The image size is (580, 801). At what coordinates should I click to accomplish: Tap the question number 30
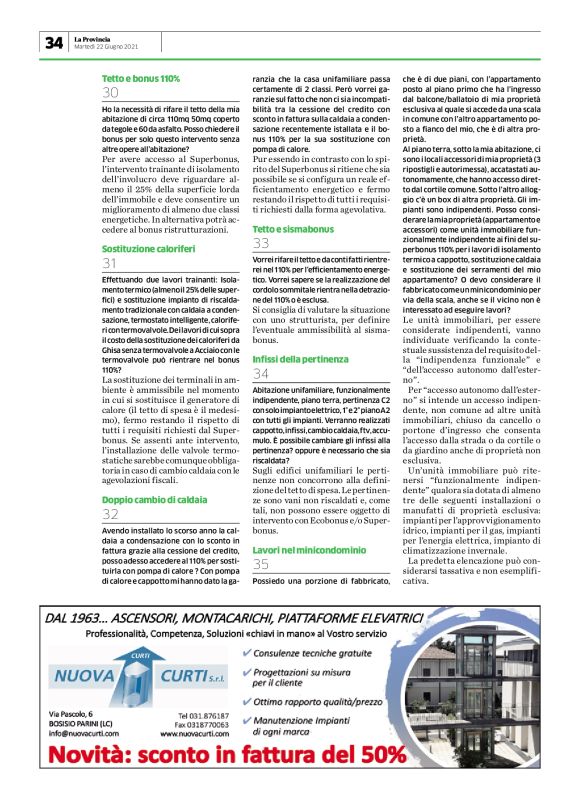(111, 93)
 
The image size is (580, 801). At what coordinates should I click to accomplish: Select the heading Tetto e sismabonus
(291, 229)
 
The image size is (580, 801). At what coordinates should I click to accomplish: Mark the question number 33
(261, 244)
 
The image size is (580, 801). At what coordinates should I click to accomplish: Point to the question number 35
(261, 538)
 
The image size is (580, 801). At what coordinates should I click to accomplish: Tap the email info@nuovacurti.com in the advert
(85, 732)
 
